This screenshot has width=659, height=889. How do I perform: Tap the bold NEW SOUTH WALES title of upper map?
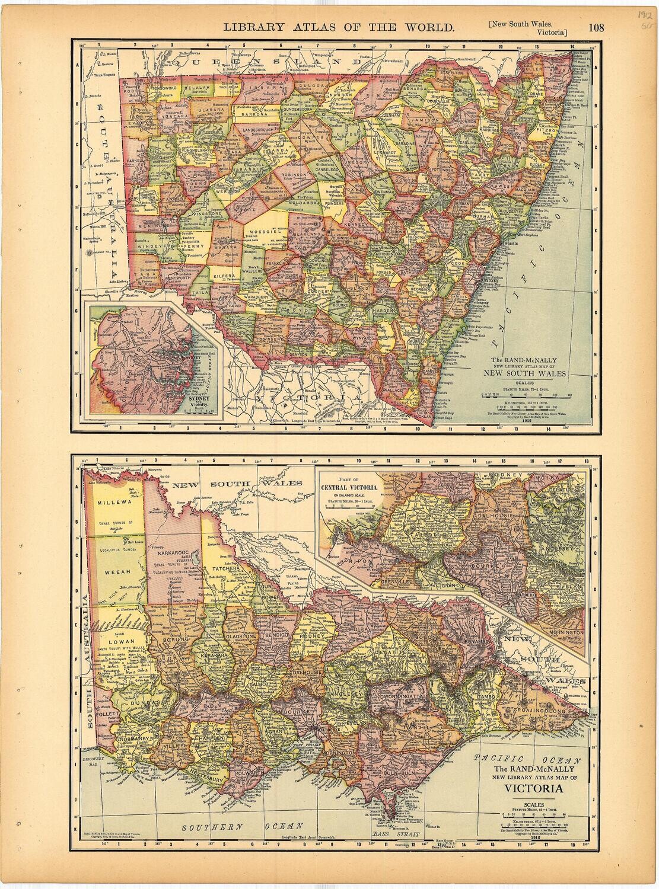coord(524,374)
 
